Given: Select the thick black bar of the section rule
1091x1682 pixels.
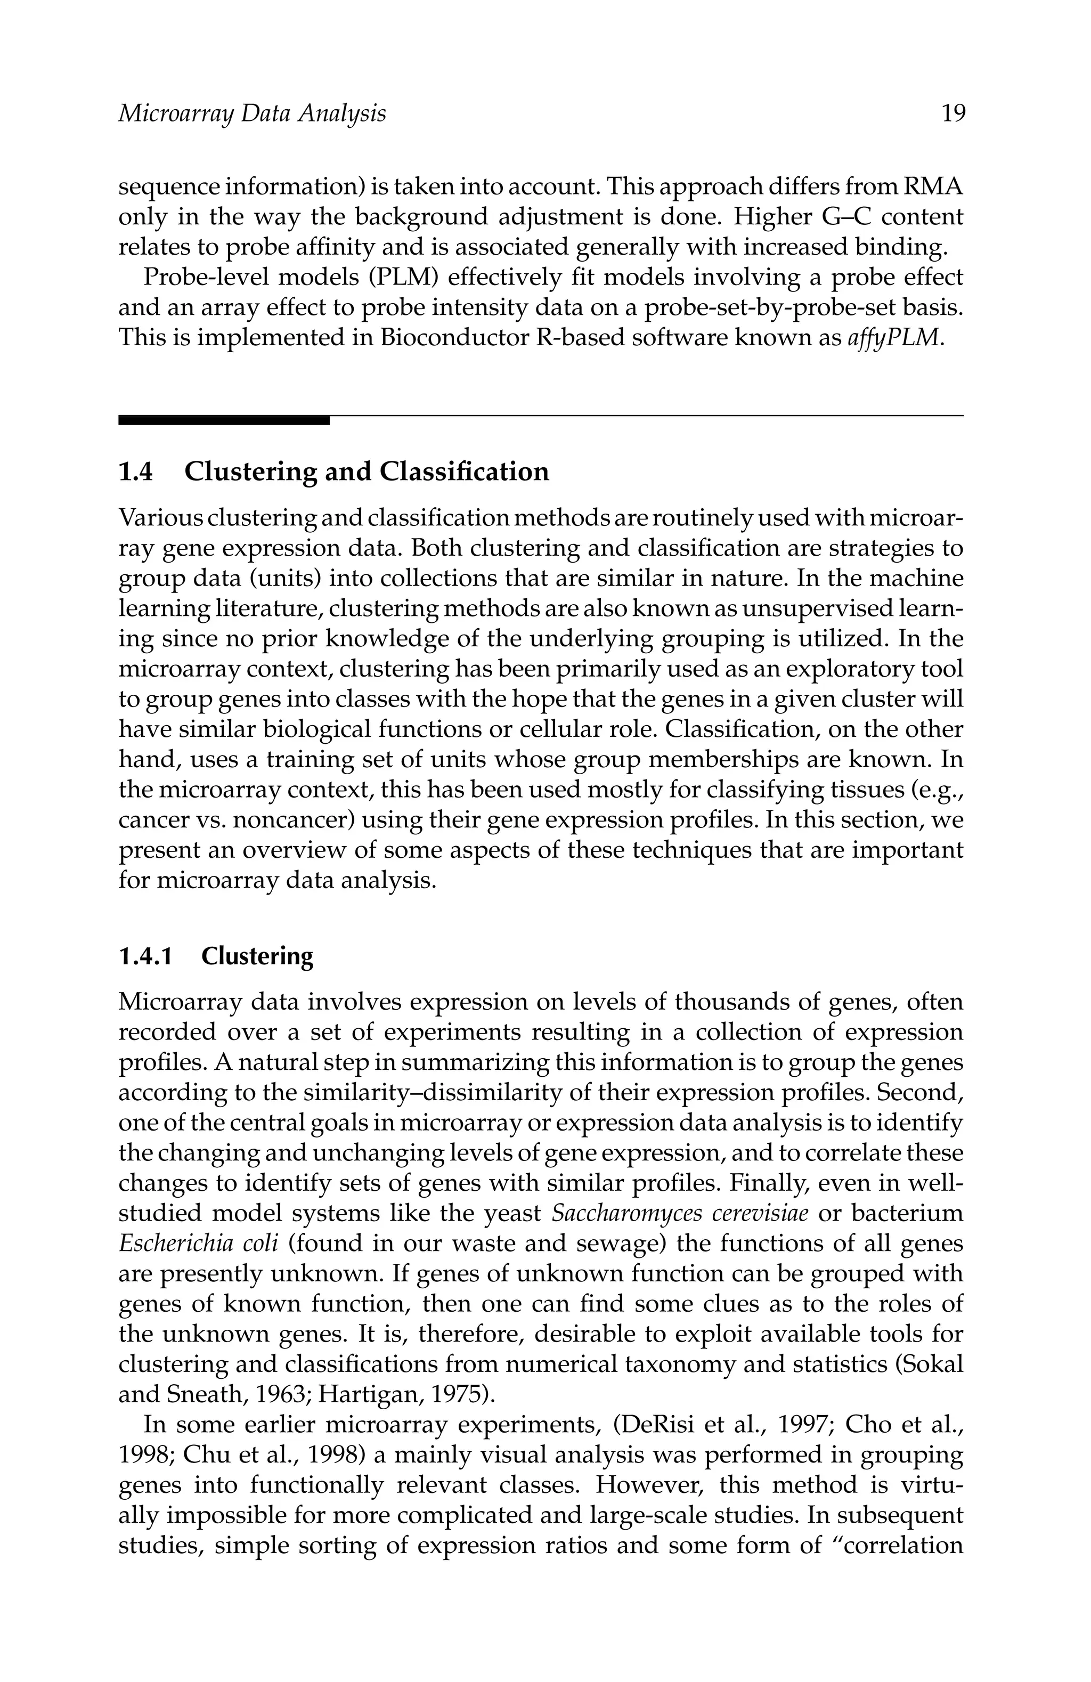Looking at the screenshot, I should [x=223, y=420].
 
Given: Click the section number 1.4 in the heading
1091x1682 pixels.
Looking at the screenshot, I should [x=136, y=472].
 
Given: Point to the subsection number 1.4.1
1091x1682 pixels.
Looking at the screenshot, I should [x=145, y=956].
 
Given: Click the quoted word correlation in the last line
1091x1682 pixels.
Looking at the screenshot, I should [x=901, y=1546].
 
